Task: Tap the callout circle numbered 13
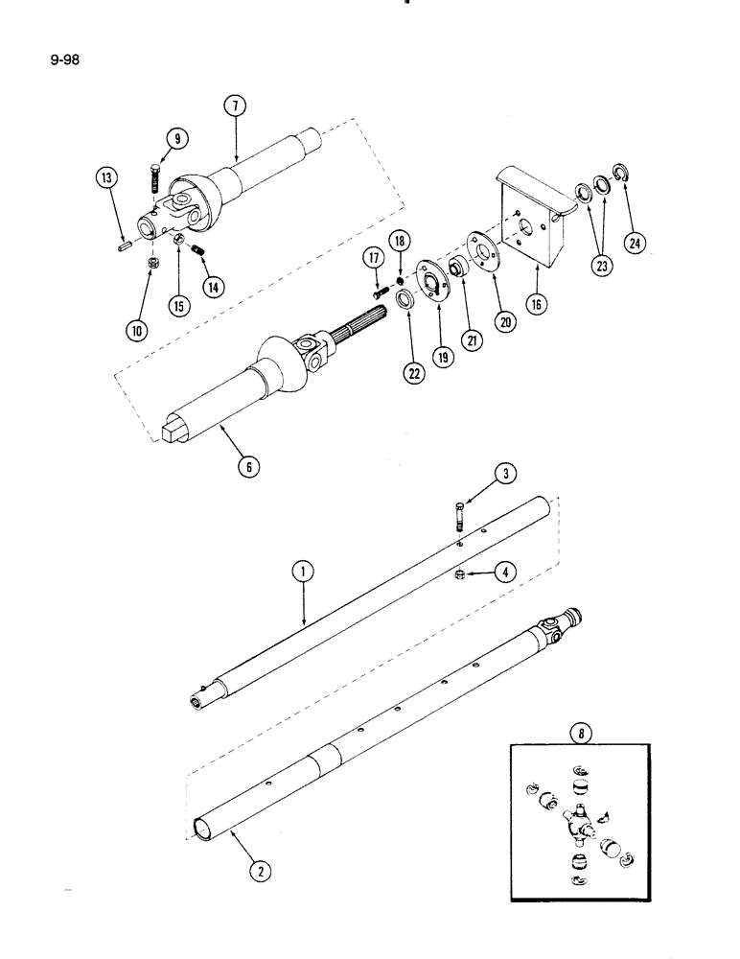click(x=107, y=178)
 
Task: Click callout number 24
click(x=633, y=243)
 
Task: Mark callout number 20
click(x=506, y=322)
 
